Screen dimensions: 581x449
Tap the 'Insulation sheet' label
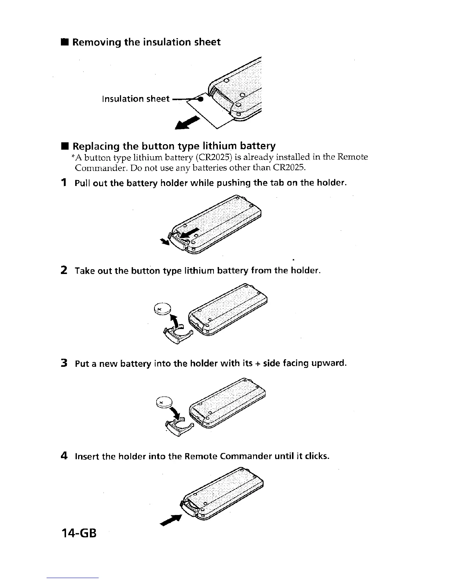tap(136, 99)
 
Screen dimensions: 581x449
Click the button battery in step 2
tap(163, 308)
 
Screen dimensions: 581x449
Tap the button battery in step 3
tap(164, 402)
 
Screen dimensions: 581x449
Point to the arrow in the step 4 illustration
tap(172, 519)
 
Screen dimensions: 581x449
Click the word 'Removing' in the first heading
tap(97, 42)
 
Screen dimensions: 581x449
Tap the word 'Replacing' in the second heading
tap(96, 146)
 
